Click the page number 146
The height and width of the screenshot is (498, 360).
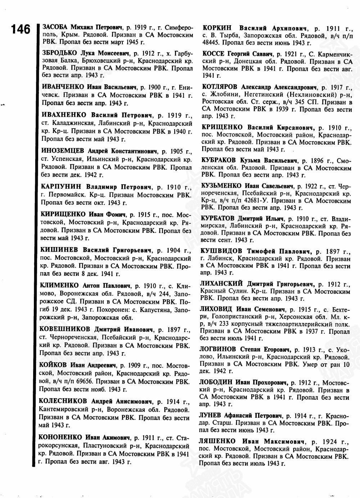[x=21, y=29]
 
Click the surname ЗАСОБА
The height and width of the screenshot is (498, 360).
[x=55, y=27]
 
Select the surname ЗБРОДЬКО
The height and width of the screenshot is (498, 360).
[x=59, y=53]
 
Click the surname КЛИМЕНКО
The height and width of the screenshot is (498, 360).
[x=60, y=286]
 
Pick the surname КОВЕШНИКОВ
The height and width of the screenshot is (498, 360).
[x=66, y=329]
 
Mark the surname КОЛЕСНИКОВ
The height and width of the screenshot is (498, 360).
[x=63, y=401]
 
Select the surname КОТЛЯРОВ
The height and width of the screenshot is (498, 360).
[x=219, y=87]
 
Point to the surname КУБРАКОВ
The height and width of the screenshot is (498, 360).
[x=219, y=160]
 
